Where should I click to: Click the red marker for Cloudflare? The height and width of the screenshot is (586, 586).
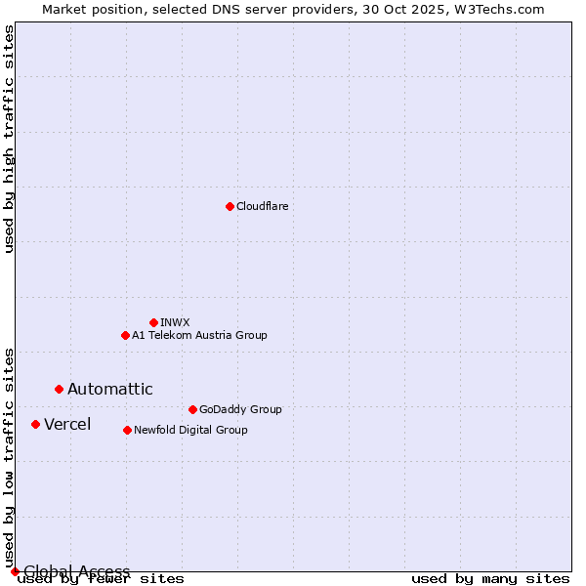tap(230, 206)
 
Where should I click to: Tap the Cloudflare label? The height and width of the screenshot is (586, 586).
tap(262, 206)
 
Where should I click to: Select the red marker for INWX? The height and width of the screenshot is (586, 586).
tap(153, 322)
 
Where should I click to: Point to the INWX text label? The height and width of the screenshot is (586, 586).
tap(175, 322)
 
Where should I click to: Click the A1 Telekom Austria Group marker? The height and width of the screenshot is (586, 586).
tap(125, 335)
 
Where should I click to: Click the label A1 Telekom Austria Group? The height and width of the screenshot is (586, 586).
tap(199, 335)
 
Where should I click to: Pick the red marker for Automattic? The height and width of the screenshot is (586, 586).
tap(59, 389)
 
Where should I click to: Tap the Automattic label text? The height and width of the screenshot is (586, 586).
tap(109, 389)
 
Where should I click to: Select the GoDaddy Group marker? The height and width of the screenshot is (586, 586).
tap(192, 409)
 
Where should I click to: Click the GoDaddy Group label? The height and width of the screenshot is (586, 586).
tap(239, 409)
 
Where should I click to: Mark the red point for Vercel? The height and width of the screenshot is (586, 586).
tap(35, 424)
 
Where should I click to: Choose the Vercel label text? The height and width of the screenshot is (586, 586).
tap(67, 424)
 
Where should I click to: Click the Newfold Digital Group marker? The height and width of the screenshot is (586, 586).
tap(127, 430)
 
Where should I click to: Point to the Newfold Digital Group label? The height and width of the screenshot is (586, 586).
tap(190, 430)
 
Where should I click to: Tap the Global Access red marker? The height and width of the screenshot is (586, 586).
tap(15, 571)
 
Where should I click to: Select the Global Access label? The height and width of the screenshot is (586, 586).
tap(76, 571)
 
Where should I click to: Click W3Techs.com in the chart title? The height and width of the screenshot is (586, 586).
tap(504, 9)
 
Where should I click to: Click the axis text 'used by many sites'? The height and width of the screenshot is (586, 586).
tap(490, 579)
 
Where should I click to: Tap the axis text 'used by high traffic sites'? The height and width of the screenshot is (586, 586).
tap(9, 139)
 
